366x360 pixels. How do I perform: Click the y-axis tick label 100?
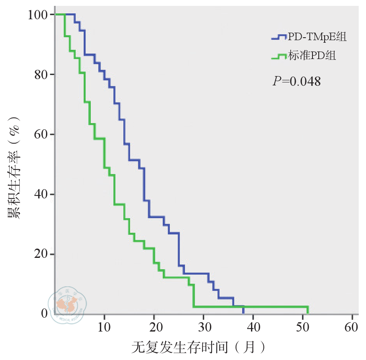38,15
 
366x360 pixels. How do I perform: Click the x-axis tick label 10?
104,327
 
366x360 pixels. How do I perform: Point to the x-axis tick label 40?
253,327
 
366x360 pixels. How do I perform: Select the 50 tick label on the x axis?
303,327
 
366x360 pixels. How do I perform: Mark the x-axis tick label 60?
352,327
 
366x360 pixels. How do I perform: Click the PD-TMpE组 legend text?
317,37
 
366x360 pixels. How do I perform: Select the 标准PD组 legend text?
312,55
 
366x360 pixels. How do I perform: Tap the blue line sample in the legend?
279,37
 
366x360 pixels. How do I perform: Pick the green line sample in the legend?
279,56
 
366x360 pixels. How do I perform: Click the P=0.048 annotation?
297,81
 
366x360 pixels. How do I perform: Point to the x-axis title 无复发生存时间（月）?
198,347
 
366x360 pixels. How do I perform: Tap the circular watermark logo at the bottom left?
67,303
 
